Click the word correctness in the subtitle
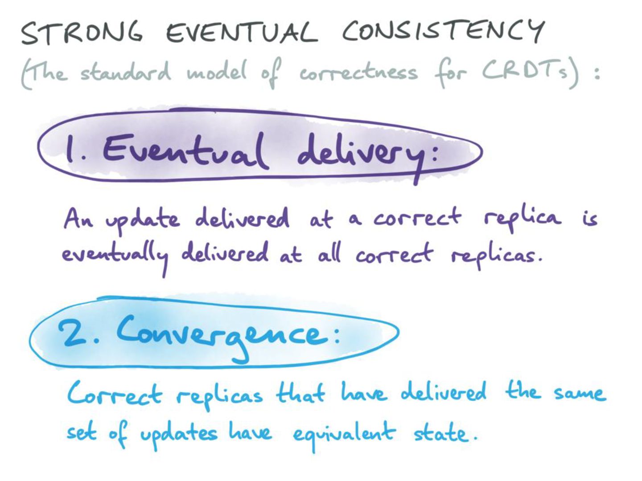click(358, 73)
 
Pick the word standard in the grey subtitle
click(125, 72)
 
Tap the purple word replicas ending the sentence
click(495, 256)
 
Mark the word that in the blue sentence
click(300, 393)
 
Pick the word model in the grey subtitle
click(217, 72)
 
